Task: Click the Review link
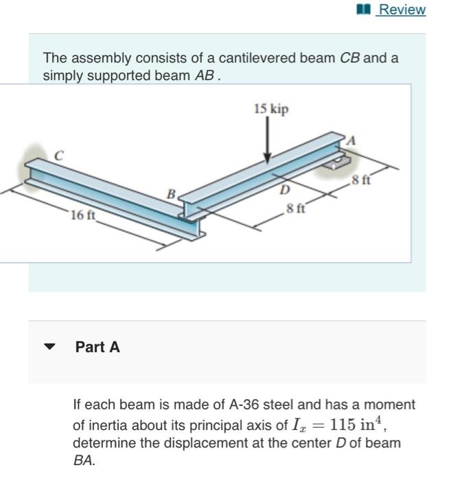[x=402, y=10]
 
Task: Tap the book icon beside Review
[x=364, y=10]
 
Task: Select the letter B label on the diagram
[x=172, y=194]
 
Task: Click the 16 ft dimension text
[x=83, y=215]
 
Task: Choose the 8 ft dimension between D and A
[x=360, y=181]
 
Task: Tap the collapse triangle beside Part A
[x=49, y=347]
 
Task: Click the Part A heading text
[x=97, y=347]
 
